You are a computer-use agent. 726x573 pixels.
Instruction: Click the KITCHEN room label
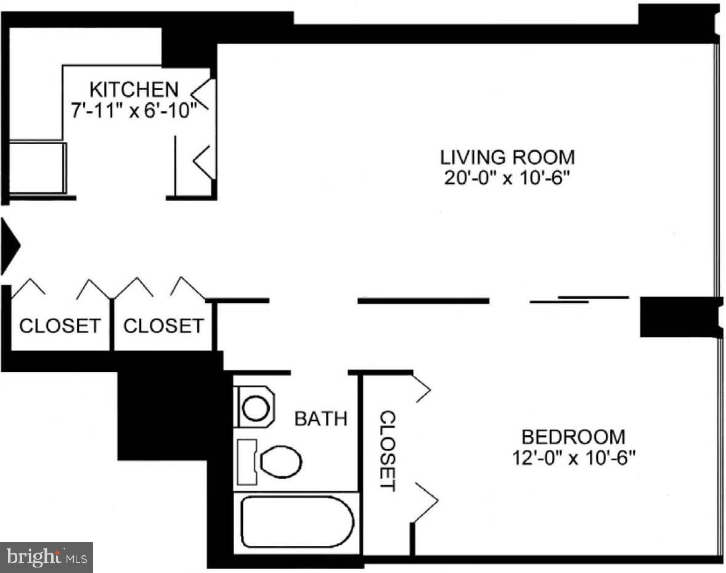(134, 89)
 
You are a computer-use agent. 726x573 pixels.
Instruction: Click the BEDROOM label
(573, 437)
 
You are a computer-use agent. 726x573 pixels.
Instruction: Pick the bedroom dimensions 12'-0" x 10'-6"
(573, 458)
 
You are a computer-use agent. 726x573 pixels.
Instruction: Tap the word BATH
(320, 419)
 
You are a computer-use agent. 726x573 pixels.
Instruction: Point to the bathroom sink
(254, 407)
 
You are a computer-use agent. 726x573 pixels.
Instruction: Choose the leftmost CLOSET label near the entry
(59, 325)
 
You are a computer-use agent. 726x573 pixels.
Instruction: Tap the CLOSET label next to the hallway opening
(163, 325)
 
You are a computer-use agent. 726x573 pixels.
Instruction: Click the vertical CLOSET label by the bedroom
(387, 450)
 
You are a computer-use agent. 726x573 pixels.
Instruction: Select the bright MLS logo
(46, 558)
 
